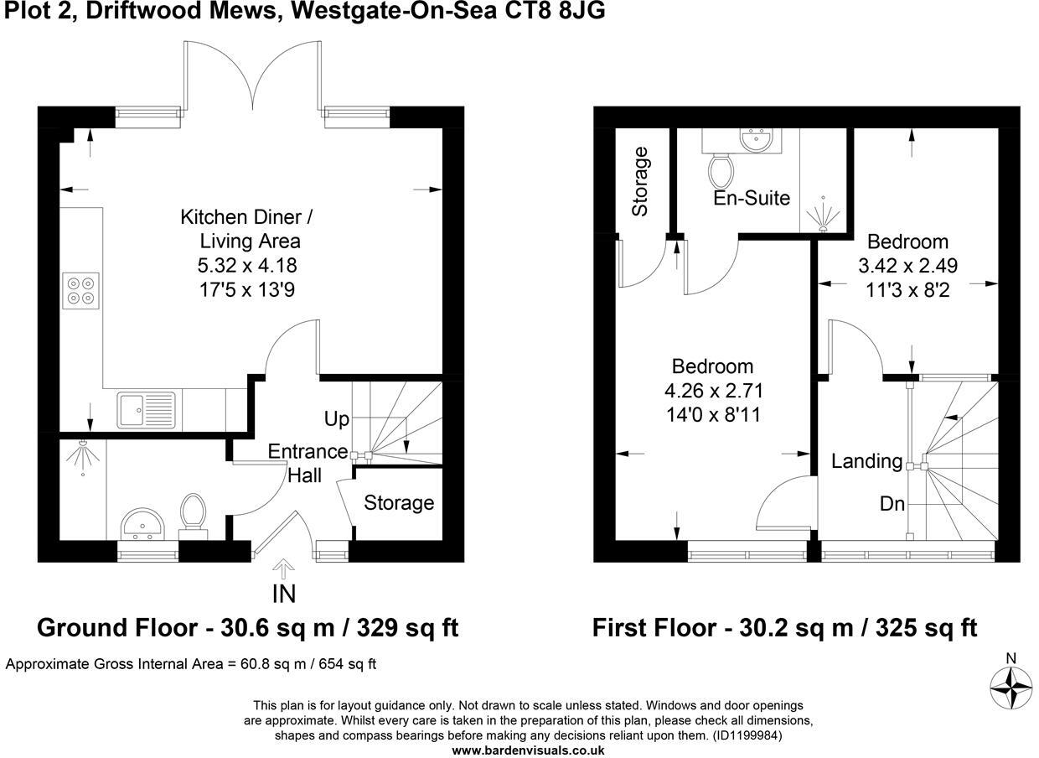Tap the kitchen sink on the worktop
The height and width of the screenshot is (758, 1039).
146,409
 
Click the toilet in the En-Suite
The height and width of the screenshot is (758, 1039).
721,171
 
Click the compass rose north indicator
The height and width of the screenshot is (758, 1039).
1011,686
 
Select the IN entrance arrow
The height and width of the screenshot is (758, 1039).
284,572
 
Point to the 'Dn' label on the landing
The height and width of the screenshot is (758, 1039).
892,504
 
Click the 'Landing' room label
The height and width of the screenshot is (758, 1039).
866,461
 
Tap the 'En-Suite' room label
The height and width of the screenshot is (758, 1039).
752,199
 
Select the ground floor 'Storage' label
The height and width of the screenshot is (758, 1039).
399,503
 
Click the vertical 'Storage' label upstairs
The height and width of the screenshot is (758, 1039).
641,181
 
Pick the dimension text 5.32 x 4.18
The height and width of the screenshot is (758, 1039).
246,266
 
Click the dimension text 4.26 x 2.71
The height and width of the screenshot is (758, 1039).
712,391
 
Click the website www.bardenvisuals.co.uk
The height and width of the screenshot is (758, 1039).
528,750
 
